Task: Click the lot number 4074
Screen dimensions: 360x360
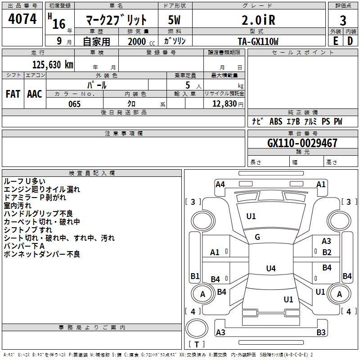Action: tap(22, 19)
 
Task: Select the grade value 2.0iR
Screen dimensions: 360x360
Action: tap(258, 20)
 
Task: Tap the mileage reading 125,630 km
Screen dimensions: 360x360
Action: tap(53, 64)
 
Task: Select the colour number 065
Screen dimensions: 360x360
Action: tap(74, 104)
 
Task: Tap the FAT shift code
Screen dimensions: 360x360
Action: tap(13, 94)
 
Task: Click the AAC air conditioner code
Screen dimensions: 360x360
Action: tap(35, 94)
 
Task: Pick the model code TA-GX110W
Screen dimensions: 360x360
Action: tap(258, 41)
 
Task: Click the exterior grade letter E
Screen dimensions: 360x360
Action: tap(335, 41)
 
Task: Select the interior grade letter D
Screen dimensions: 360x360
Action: tap(350, 41)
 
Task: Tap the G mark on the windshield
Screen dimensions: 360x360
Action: tap(257, 237)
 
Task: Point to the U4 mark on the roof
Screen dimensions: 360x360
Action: tap(270, 269)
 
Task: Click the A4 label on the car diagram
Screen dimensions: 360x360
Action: tap(220, 184)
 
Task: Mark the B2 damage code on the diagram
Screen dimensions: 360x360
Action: tap(327, 252)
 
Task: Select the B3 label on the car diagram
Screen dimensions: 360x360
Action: tap(321, 333)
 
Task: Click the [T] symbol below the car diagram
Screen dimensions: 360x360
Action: tap(197, 344)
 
